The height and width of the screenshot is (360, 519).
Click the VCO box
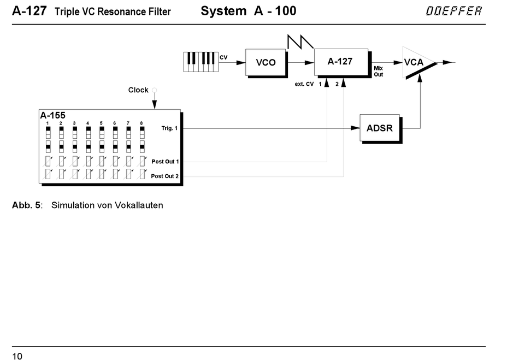(x=266, y=63)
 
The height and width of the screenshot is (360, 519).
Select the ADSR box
(x=380, y=128)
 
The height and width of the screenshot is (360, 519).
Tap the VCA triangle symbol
(x=418, y=63)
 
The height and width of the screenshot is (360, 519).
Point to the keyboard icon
(x=201, y=62)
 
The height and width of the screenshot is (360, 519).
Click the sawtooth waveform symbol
(x=300, y=42)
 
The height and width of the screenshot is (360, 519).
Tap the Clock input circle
(x=154, y=90)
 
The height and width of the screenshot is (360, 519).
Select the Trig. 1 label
(x=169, y=128)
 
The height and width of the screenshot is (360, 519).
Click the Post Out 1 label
(x=165, y=162)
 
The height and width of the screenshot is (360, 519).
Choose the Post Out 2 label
(x=165, y=176)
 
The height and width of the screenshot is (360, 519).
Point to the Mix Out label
(x=379, y=71)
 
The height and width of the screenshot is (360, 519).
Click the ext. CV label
(x=304, y=84)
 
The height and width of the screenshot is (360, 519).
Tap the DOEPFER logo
(x=454, y=11)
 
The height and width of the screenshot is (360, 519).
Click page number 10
(x=17, y=356)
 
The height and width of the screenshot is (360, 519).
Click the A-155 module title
(x=53, y=115)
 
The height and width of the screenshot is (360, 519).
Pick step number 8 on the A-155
(x=141, y=123)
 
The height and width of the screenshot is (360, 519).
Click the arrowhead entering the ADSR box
(x=356, y=128)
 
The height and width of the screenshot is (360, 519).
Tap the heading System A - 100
(x=248, y=11)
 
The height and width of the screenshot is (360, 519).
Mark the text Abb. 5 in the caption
(x=26, y=205)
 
